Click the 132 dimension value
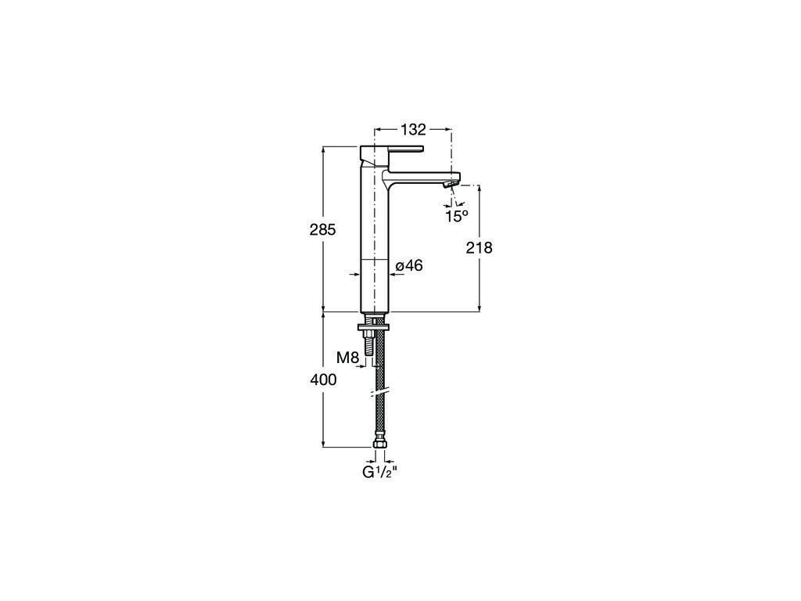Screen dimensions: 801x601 413,129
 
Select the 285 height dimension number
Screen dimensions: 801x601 323,230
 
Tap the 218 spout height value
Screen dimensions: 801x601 480,248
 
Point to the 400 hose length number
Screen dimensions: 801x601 323,380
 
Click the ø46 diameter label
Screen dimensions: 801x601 410,266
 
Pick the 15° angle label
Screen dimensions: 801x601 456,216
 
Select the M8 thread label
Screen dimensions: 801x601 348,358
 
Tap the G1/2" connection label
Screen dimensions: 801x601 379,473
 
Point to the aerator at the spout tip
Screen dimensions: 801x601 450,185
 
